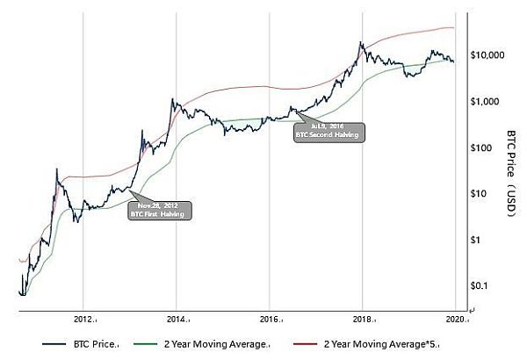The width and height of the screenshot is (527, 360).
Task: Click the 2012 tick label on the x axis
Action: click(84, 319)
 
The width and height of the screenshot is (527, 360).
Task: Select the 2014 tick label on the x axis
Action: click(177, 319)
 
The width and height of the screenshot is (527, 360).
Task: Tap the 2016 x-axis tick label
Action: click(271, 319)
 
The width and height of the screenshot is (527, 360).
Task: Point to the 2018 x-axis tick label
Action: click(364, 319)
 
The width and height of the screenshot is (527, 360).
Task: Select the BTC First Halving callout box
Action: click(159, 210)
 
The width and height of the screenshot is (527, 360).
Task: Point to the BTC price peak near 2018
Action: click(361, 42)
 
